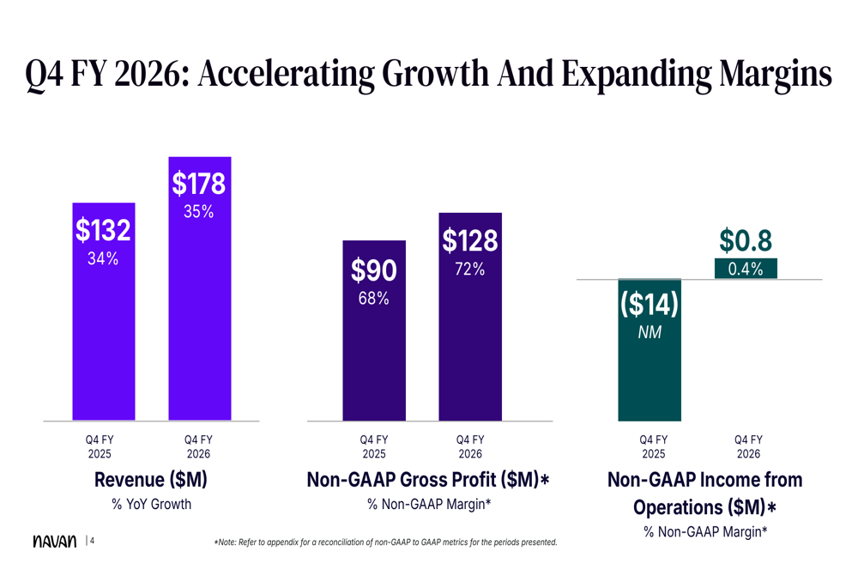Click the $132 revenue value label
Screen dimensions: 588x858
click(102, 230)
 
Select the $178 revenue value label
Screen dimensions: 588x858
click(198, 184)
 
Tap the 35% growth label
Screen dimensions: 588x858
click(198, 212)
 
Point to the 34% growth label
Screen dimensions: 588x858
click(102, 258)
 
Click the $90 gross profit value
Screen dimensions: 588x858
click(374, 271)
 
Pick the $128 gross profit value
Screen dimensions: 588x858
click(469, 241)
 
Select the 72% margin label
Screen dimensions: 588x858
click(469, 270)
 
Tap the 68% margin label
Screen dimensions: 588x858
click(374, 300)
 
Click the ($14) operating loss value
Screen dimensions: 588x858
click(650, 304)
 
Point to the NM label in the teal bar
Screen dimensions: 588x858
click(650, 332)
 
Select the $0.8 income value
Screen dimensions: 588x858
click(745, 241)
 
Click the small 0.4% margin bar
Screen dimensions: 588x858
click(745, 270)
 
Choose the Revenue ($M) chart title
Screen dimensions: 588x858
click(151, 480)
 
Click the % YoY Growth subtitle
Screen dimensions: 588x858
click(151, 505)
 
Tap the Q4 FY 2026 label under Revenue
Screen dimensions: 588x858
click(198, 446)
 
